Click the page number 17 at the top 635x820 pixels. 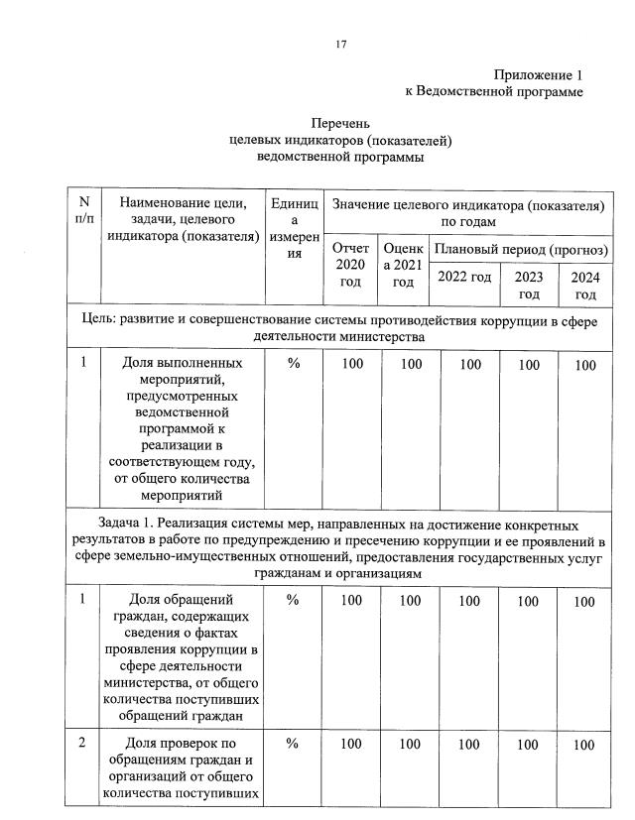tap(340, 44)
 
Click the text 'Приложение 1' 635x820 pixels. tap(537, 75)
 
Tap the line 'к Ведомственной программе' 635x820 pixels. tap(493, 91)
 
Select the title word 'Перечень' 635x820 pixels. tap(340, 124)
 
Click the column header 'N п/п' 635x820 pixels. tap(83, 210)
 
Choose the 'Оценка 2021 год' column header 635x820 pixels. tap(403, 265)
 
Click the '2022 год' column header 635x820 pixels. tap(464, 276)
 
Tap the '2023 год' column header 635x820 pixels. tap(529, 285)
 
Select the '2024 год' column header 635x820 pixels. tap(585, 285)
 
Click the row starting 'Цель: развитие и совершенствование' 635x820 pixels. tap(340, 328)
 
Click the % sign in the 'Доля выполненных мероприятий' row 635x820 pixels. tap(294, 364)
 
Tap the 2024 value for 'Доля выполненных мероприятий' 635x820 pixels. tap(585, 365)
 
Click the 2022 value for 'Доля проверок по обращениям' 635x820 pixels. tap(464, 745)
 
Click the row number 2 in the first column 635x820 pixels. tap(83, 744)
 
